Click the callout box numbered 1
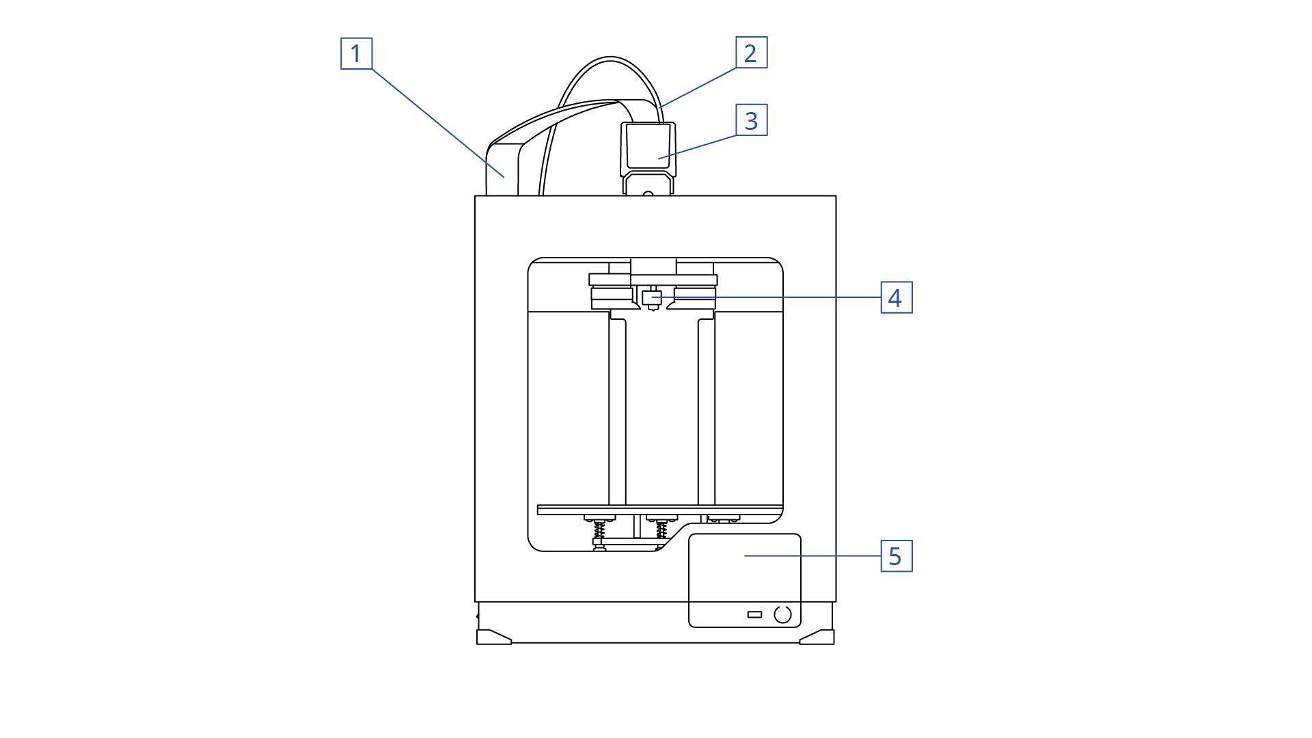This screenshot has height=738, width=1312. pyautogui.click(x=356, y=53)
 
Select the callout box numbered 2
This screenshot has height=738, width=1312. pyautogui.click(x=751, y=53)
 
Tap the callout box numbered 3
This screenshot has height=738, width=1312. pyautogui.click(x=751, y=120)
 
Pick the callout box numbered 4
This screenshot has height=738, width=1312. pyautogui.click(x=896, y=297)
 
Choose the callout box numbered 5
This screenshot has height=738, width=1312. pyautogui.click(x=896, y=556)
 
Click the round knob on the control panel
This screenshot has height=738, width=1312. pyautogui.click(x=783, y=614)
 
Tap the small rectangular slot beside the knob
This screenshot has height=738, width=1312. pyautogui.click(x=754, y=614)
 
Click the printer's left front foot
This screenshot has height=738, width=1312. pyautogui.click(x=493, y=638)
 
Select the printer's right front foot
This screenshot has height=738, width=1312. pyautogui.click(x=817, y=638)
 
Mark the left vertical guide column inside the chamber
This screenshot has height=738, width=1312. pyautogui.click(x=617, y=410)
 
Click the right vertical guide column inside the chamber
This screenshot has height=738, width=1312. pyautogui.click(x=706, y=410)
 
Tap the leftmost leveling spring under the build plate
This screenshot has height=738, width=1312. pyautogui.click(x=599, y=528)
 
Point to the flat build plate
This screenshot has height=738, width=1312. pyautogui.click(x=659, y=510)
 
